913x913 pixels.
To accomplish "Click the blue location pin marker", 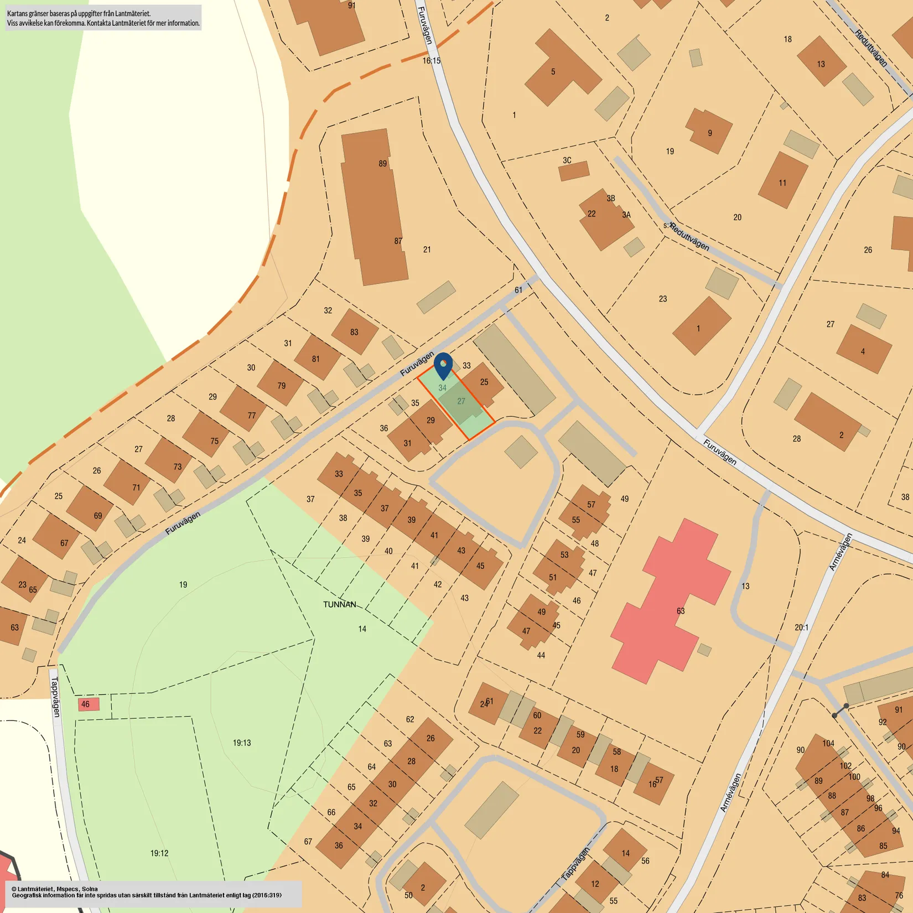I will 443,365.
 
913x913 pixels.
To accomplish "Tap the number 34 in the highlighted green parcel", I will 443,388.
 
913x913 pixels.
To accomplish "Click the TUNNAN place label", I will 340,604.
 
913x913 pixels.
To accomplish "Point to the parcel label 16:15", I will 432,61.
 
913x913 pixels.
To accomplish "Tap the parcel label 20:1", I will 802,627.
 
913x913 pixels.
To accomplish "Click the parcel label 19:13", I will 242,743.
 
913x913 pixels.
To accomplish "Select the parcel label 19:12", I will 159,853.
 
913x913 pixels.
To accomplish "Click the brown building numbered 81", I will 317,357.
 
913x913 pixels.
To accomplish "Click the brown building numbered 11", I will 782,180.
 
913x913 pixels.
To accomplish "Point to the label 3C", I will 567,160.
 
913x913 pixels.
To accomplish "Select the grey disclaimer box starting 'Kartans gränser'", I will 103,18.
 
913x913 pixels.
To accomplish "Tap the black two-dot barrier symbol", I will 841,711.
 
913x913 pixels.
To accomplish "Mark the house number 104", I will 828,743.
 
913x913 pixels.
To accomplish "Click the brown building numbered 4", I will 863,349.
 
